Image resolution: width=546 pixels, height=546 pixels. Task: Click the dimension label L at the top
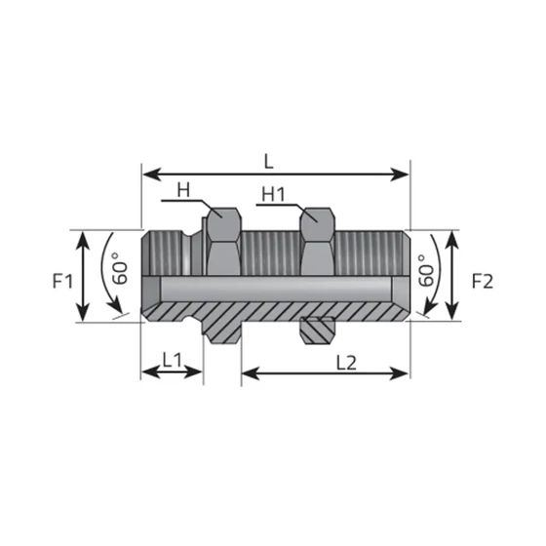tap(268, 162)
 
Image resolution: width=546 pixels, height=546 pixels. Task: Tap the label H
tap(183, 190)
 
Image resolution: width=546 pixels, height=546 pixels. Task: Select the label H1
tap(273, 194)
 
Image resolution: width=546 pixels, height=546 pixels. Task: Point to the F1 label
tap(62, 281)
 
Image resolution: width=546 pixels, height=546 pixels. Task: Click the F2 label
tap(483, 282)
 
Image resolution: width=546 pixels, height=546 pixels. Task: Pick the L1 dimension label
tap(173, 360)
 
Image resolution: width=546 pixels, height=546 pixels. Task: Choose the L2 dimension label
tap(346, 363)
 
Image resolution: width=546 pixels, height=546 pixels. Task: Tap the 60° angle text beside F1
tap(120, 268)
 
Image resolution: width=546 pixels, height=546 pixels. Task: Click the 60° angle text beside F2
tap(427, 271)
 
